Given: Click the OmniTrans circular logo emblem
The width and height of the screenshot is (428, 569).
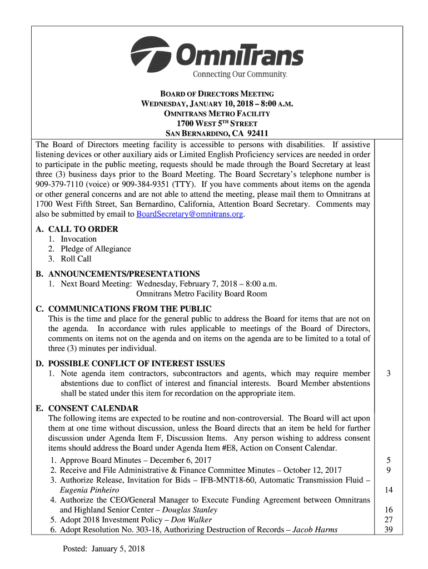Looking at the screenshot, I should [x=151, y=54].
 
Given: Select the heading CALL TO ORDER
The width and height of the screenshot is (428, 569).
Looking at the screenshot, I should [x=83, y=229].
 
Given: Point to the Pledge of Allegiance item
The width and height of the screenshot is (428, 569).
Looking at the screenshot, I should [x=96, y=249].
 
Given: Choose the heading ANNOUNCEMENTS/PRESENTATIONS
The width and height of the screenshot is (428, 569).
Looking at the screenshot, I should [x=123, y=274].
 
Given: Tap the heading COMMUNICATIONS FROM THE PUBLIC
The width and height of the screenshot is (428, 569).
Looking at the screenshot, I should [x=130, y=309].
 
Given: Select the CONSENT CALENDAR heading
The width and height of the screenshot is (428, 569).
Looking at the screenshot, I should [x=93, y=408].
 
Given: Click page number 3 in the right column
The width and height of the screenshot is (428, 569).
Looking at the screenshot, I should [x=389, y=373].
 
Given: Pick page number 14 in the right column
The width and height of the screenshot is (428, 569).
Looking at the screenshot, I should [x=389, y=490].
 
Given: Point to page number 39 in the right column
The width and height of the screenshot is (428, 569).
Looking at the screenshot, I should [x=389, y=530].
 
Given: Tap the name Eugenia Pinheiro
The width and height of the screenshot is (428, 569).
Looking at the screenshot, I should [x=89, y=490].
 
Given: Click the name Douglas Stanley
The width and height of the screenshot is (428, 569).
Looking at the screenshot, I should [x=190, y=510].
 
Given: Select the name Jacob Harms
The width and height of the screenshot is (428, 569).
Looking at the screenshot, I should [x=315, y=530].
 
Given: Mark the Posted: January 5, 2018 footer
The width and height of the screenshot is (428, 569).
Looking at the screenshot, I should [x=103, y=550].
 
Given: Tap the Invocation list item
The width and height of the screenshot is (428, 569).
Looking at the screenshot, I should [x=78, y=239].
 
